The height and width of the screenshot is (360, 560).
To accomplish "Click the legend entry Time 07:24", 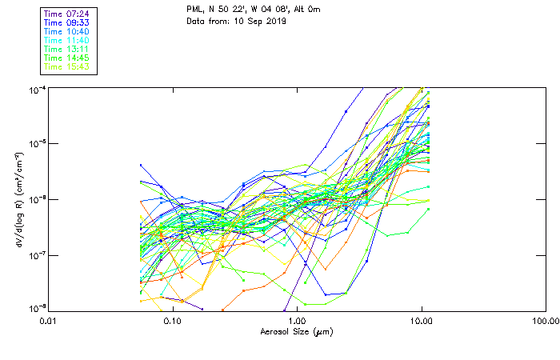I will (67, 14).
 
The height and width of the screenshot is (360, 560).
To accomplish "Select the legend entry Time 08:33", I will (67, 22).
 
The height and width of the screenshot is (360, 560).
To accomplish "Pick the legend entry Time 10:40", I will (67, 31).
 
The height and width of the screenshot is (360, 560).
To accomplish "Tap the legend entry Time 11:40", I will (67, 40).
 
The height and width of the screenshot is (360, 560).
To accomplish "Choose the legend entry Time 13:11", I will (67, 49).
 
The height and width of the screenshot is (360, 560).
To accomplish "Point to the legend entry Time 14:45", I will (67, 58).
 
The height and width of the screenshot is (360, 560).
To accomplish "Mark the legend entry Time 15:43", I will (67, 66).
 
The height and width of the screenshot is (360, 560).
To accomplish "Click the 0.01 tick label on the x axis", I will (47, 321).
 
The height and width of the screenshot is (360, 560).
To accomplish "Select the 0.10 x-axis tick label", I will (172, 321).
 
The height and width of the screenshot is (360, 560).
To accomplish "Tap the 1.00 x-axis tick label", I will (297, 321).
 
